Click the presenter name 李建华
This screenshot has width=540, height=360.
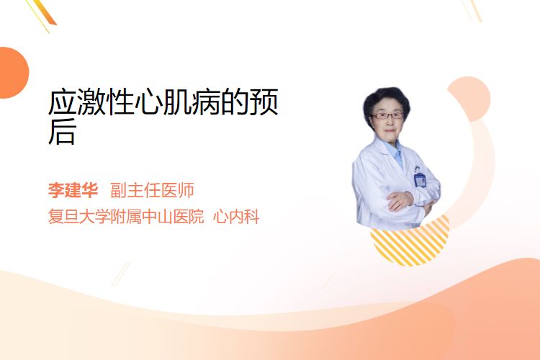click(x=73, y=190)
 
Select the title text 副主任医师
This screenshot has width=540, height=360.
click(x=152, y=190)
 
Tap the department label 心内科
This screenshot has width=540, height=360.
click(x=236, y=217)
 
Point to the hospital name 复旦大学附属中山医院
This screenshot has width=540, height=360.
click(x=126, y=217)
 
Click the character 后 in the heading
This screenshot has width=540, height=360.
click(x=62, y=132)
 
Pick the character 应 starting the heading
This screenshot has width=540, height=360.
click(x=62, y=102)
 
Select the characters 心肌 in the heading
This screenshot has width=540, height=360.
click(x=163, y=102)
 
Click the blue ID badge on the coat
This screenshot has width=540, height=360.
click(x=420, y=180)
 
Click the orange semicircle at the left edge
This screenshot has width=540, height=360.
click(x=13, y=73)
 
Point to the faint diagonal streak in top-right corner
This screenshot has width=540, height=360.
click(x=472, y=10)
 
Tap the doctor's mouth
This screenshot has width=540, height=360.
click(x=390, y=130)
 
